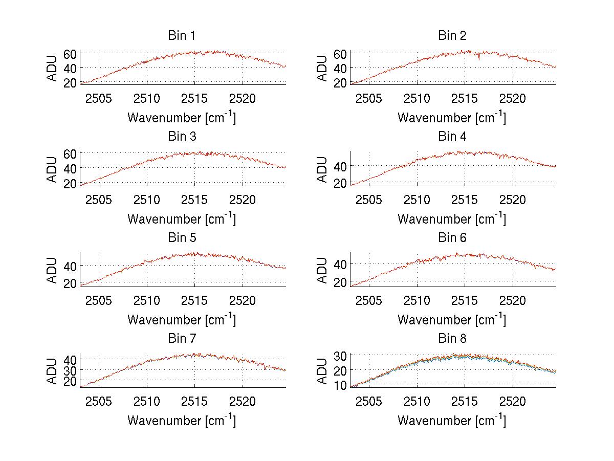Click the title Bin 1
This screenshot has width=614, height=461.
(182, 36)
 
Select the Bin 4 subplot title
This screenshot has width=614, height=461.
(452, 137)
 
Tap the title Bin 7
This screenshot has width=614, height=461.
(182, 339)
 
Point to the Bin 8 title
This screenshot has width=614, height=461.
(452, 339)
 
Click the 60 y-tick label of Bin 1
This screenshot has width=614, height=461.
(70, 53)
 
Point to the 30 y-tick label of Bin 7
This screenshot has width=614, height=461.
(70, 370)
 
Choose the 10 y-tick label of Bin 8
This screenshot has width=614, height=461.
(340, 385)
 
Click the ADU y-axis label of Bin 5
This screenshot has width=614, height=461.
(53, 270)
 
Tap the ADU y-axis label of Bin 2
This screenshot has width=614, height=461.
(322, 68)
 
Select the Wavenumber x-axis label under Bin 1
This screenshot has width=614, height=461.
(182, 117)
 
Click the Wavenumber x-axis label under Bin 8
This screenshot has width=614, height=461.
(452, 420)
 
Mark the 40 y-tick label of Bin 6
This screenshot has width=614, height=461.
(340, 264)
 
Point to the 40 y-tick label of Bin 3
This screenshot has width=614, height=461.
(70, 168)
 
